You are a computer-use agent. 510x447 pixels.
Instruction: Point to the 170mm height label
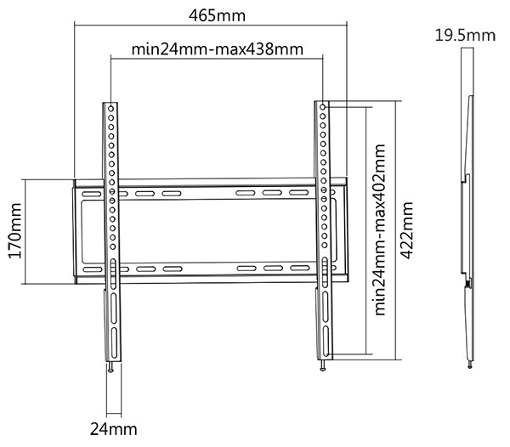pos(12,231)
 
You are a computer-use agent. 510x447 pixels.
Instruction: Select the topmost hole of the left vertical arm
pos(112,108)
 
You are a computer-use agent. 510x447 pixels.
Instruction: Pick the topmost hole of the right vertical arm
pos(323,108)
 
